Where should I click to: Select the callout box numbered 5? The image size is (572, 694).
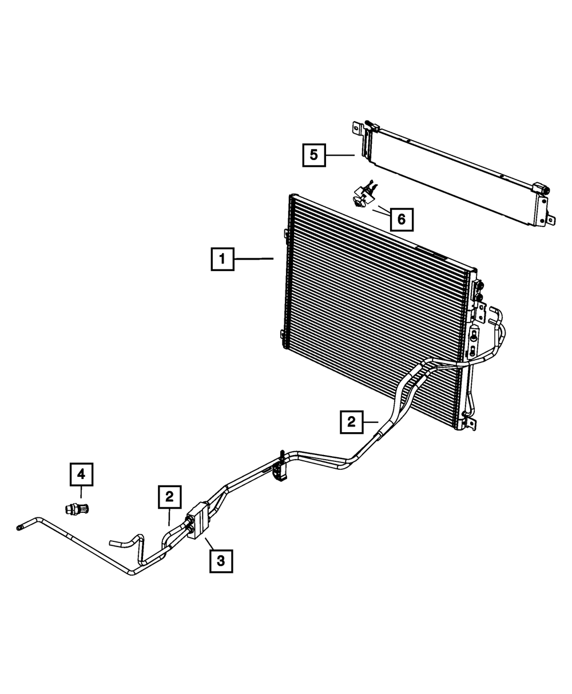pos(314,155)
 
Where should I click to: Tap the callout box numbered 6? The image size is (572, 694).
pos(401,218)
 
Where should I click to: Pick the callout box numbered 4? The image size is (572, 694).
pos(81,474)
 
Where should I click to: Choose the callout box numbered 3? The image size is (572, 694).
pos(221,561)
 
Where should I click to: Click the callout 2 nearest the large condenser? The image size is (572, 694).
pos(351,422)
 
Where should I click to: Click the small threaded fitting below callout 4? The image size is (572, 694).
pos(77,508)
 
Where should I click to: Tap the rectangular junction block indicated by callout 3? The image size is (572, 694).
pos(196,520)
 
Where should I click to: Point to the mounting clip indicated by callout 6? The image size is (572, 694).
pos(363,197)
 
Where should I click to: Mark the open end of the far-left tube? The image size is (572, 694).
pos(20,527)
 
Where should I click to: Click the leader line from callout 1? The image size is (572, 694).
pos(253,260)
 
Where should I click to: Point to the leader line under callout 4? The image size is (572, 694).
pos(81,493)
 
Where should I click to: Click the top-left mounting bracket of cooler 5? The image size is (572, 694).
pos(357,129)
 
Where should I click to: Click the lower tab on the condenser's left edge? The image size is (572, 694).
pos(283,335)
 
